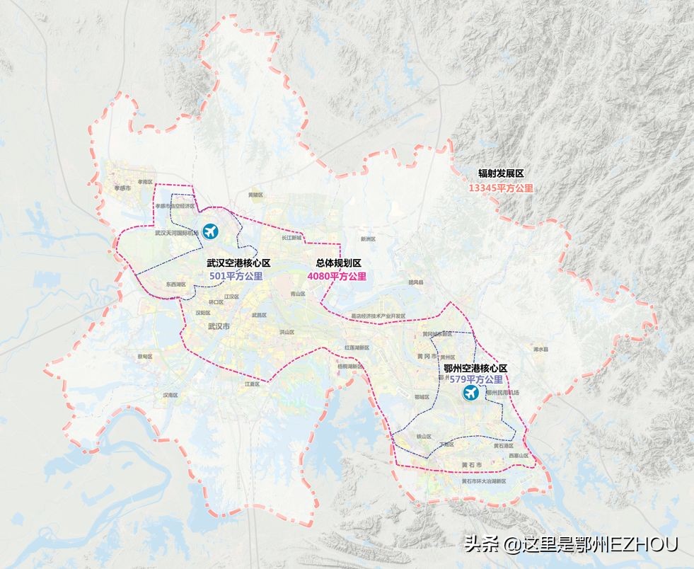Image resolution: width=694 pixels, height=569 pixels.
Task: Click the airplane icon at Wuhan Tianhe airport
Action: point(210,231)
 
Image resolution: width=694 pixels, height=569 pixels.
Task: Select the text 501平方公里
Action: point(236,276)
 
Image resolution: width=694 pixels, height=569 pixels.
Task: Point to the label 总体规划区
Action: point(337,263)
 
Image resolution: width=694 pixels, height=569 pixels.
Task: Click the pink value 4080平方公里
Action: point(337,276)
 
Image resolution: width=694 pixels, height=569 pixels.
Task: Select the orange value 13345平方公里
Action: point(501,188)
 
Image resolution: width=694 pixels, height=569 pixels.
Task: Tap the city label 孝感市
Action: point(113,188)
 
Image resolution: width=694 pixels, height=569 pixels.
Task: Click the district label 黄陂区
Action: point(255,195)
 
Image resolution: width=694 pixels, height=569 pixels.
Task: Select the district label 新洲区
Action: point(366,238)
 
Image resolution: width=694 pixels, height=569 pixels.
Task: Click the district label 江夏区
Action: point(253,384)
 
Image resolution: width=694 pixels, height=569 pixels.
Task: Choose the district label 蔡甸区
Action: point(145,357)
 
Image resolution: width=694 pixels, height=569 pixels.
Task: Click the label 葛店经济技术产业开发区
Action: point(378,316)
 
